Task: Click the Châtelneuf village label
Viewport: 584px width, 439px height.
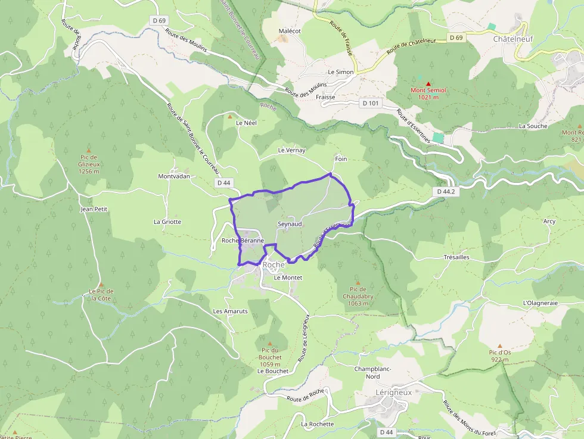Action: coord(513,39)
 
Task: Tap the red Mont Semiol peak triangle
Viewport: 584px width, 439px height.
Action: coord(428,84)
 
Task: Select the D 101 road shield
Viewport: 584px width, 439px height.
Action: coord(370,103)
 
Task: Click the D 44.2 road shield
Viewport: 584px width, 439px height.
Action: coord(446,192)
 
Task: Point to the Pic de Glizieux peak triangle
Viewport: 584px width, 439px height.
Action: coord(88,150)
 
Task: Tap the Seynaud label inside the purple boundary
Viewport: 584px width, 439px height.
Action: coord(290,224)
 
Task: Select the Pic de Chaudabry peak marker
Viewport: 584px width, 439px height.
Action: coord(358,283)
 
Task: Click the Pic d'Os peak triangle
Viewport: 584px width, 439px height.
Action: coord(499,345)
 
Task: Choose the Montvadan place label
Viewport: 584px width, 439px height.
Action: coord(174,177)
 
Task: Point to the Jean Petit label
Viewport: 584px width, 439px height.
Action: coord(94,209)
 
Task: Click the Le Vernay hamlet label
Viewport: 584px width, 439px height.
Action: coord(291,150)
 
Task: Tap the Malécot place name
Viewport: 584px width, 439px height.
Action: coord(290,30)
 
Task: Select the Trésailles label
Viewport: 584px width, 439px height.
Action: coord(456,257)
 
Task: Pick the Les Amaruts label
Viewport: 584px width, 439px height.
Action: coord(230,312)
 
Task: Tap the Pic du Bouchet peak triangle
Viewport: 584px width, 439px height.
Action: coord(270,344)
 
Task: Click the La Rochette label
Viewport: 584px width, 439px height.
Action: coord(318,424)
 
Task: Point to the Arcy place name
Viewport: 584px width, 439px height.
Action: coord(549,222)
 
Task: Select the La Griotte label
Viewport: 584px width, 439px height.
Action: coord(167,222)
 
